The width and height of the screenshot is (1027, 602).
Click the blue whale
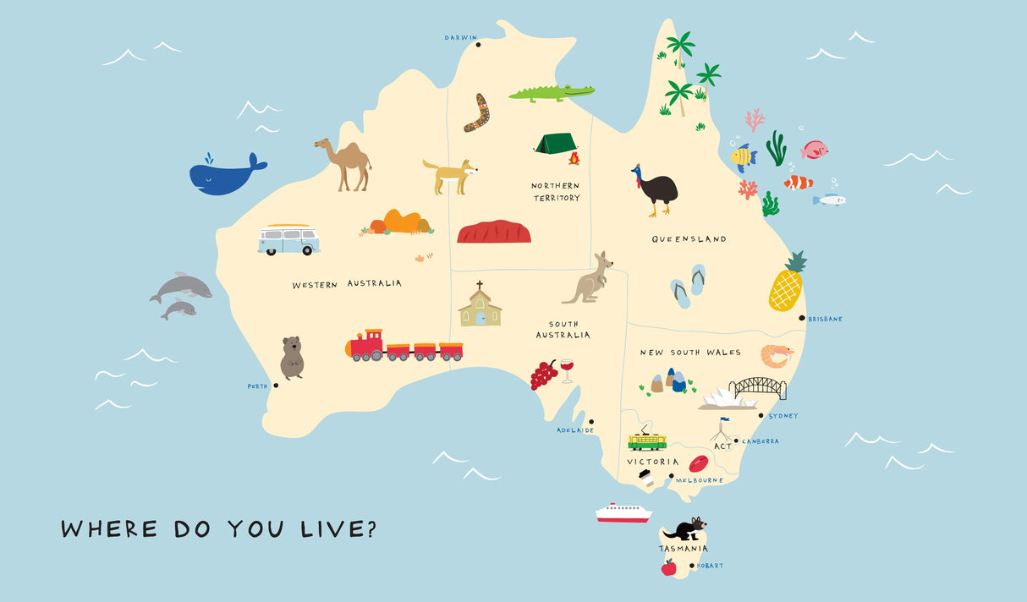pos(224,175)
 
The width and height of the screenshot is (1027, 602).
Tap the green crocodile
pos(550,92)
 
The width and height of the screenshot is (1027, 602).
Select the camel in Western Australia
pos(345,163)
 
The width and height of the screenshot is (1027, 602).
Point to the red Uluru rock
pos(494,232)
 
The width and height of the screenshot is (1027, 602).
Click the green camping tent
pos(555,144)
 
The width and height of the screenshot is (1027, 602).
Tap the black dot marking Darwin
pos(478,44)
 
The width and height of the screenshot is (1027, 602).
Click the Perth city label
pos(257,386)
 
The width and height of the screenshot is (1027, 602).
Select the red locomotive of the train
pos(365,346)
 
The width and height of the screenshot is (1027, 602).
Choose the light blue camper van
pos(288,240)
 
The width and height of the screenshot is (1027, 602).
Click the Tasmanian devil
pos(684,530)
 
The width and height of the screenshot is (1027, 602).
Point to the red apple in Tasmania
pos(668,566)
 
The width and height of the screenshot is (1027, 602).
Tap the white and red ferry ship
pos(623,512)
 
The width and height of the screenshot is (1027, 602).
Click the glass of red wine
pos(567,369)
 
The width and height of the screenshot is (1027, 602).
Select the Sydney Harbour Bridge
pos(758,387)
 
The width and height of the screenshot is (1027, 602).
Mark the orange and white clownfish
pos(798,182)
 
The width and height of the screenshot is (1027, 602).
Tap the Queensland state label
pos(689,239)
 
